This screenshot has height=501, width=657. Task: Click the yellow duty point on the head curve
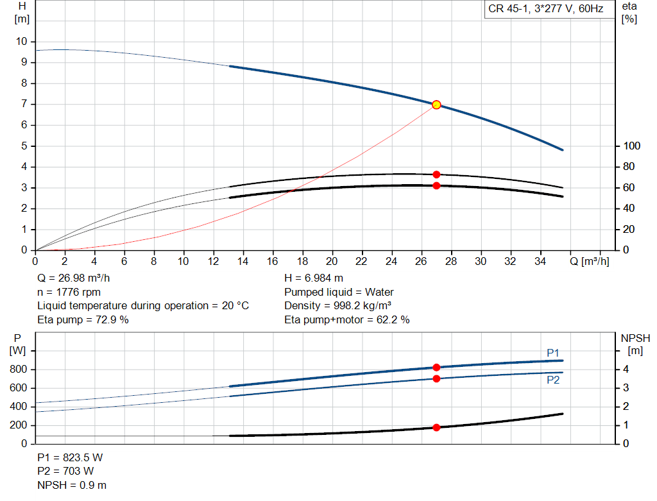[x=436, y=105]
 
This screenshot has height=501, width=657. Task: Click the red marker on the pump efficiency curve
[x=436, y=174]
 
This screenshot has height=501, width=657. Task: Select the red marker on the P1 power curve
[x=436, y=368]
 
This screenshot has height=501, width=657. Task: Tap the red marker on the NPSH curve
[x=436, y=427]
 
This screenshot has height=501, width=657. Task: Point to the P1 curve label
[x=553, y=353]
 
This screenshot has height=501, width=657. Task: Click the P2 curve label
[x=553, y=380]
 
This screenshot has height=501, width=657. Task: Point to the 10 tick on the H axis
[x=22, y=42]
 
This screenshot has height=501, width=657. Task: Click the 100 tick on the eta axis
[x=632, y=146]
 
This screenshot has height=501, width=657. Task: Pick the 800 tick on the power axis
[x=18, y=369]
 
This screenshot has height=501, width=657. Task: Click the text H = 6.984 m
[x=314, y=278]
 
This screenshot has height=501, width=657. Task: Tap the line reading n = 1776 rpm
[x=69, y=292]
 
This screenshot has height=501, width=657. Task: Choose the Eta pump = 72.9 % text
[x=83, y=319]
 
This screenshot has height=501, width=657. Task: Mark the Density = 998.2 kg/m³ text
[x=337, y=306]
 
